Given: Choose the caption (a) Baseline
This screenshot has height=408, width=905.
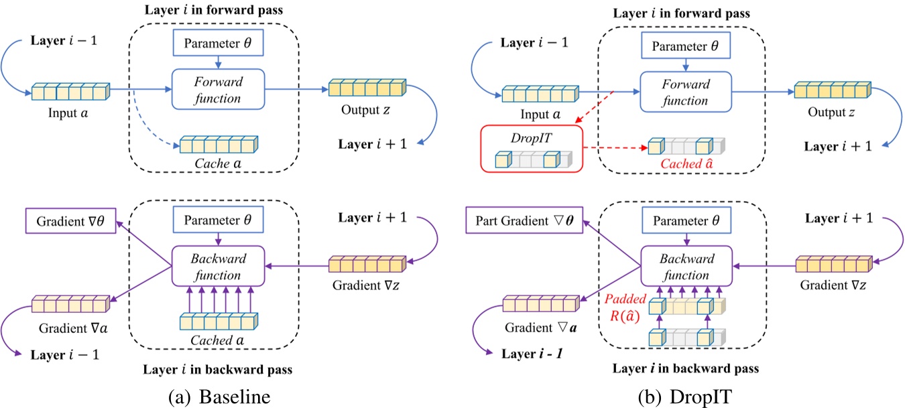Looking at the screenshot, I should tap(220, 397).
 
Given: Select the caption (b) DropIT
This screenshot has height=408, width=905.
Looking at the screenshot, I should tap(686, 397).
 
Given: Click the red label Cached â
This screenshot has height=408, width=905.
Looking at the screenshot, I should tap(685, 163).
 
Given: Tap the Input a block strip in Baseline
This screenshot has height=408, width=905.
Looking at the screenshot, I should tap(70, 90).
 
